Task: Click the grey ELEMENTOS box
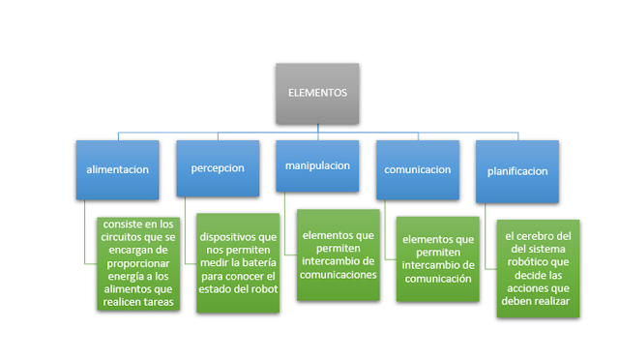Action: (x=317, y=93)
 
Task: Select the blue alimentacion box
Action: (x=118, y=169)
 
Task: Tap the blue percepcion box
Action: (x=217, y=169)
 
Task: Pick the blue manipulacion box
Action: (x=316, y=166)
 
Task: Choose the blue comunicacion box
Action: (x=418, y=169)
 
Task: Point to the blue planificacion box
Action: (x=517, y=170)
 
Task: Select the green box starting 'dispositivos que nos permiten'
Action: (x=238, y=264)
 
